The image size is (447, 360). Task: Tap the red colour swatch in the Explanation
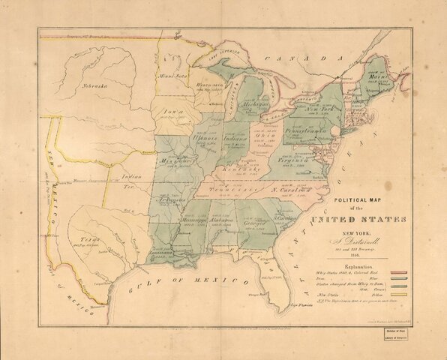[x=395, y=272]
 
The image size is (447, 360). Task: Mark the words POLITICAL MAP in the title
[x=365, y=201]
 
